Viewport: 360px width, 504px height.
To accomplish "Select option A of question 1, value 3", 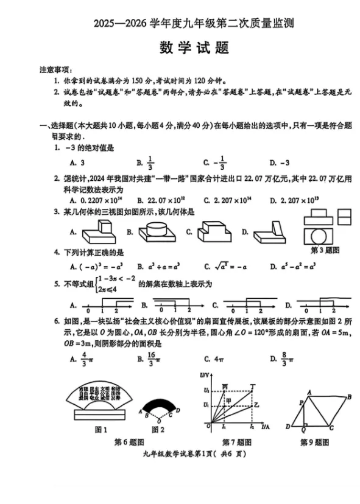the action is (x=78, y=163).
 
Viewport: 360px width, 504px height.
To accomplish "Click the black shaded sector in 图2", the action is (x=158, y=407).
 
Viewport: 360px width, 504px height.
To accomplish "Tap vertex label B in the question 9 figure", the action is (x=349, y=397).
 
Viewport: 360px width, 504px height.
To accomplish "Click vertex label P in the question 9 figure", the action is (x=300, y=403).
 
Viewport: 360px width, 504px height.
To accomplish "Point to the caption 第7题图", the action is (x=236, y=442).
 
